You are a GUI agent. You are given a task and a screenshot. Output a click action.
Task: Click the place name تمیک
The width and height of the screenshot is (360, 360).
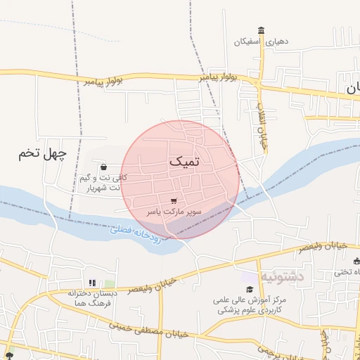point(184,161)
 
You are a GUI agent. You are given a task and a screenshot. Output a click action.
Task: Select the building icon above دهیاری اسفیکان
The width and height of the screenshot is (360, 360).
point(262,30)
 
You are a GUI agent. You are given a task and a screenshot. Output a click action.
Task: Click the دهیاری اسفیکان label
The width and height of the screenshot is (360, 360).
point(262,41)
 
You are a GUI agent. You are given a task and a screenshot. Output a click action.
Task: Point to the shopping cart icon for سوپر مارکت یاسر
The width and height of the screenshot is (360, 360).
point(174,200)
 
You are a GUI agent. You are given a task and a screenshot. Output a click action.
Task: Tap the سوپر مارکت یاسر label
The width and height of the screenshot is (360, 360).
point(174,211)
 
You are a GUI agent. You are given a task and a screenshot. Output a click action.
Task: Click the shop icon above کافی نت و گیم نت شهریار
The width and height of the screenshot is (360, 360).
point(104,167)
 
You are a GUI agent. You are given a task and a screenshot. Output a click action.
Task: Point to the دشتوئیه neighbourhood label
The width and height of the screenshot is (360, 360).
point(281,276)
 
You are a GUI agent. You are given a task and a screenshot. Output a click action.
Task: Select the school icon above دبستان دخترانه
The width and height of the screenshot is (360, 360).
point(92,283)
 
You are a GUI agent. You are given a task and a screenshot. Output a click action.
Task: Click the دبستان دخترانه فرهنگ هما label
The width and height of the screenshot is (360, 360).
point(91,298)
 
